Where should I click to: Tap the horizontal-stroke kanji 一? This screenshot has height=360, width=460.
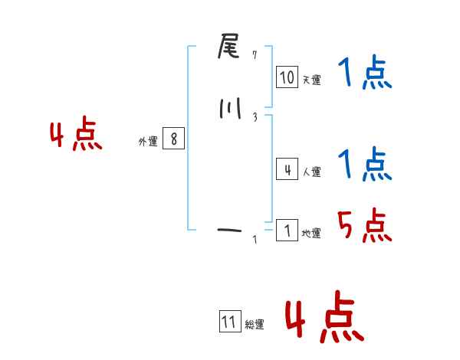(x=229, y=228)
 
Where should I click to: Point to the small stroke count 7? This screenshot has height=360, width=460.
(x=255, y=54)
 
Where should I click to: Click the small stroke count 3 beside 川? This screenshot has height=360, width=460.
(x=255, y=116)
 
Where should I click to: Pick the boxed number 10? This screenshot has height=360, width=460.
(x=287, y=77)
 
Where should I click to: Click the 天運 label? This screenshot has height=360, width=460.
(x=311, y=80)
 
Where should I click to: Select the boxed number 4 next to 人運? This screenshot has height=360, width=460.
(x=287, y=169)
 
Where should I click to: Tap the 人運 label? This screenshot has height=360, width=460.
(x=311, y=172)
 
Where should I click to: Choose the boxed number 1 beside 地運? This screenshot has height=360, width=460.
(x=287, y=230)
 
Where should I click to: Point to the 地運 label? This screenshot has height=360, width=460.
(x=311, y=234)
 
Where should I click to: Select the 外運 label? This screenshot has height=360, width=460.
(x=147, y=142)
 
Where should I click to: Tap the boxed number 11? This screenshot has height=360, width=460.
(x=229, y=322)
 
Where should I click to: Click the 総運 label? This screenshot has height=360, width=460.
(x=255, y=325)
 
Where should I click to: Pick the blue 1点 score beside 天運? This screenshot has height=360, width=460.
(x=364, y=74)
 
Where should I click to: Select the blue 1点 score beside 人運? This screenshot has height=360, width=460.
(x=364, y=164)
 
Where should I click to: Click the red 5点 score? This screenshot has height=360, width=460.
(x=364, y=225)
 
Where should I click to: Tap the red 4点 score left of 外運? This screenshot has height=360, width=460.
(x=76, y=136)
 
